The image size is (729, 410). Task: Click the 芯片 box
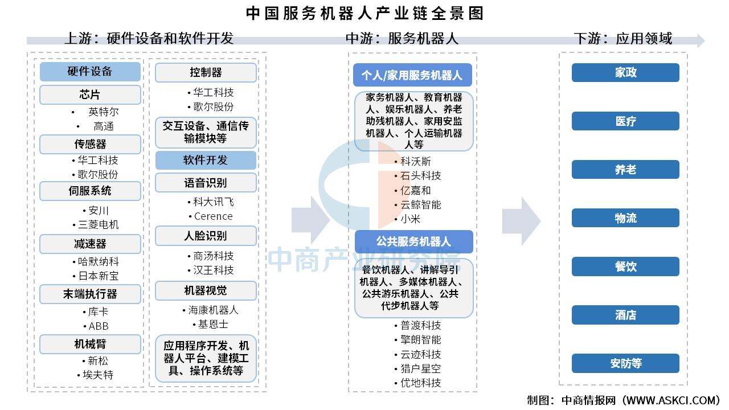point(90,95)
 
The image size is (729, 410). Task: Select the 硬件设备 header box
point(90,71)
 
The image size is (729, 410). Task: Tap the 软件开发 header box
point(206,160)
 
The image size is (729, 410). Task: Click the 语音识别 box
point(206,183)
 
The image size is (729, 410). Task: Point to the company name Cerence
point(213,216)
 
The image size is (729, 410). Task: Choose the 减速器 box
point(90,244)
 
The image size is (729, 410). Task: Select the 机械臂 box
point(90,344)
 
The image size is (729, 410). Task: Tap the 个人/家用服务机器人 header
point(412,75)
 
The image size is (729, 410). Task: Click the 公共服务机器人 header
point(413,241)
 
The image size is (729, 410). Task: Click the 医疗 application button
point(625,121)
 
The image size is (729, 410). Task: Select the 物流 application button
point(625,218)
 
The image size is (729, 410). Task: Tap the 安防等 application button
point(625,363)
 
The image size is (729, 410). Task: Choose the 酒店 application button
point(625,315)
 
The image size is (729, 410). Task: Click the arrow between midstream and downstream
point(521,222)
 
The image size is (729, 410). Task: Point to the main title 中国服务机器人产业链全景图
point(364,14)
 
